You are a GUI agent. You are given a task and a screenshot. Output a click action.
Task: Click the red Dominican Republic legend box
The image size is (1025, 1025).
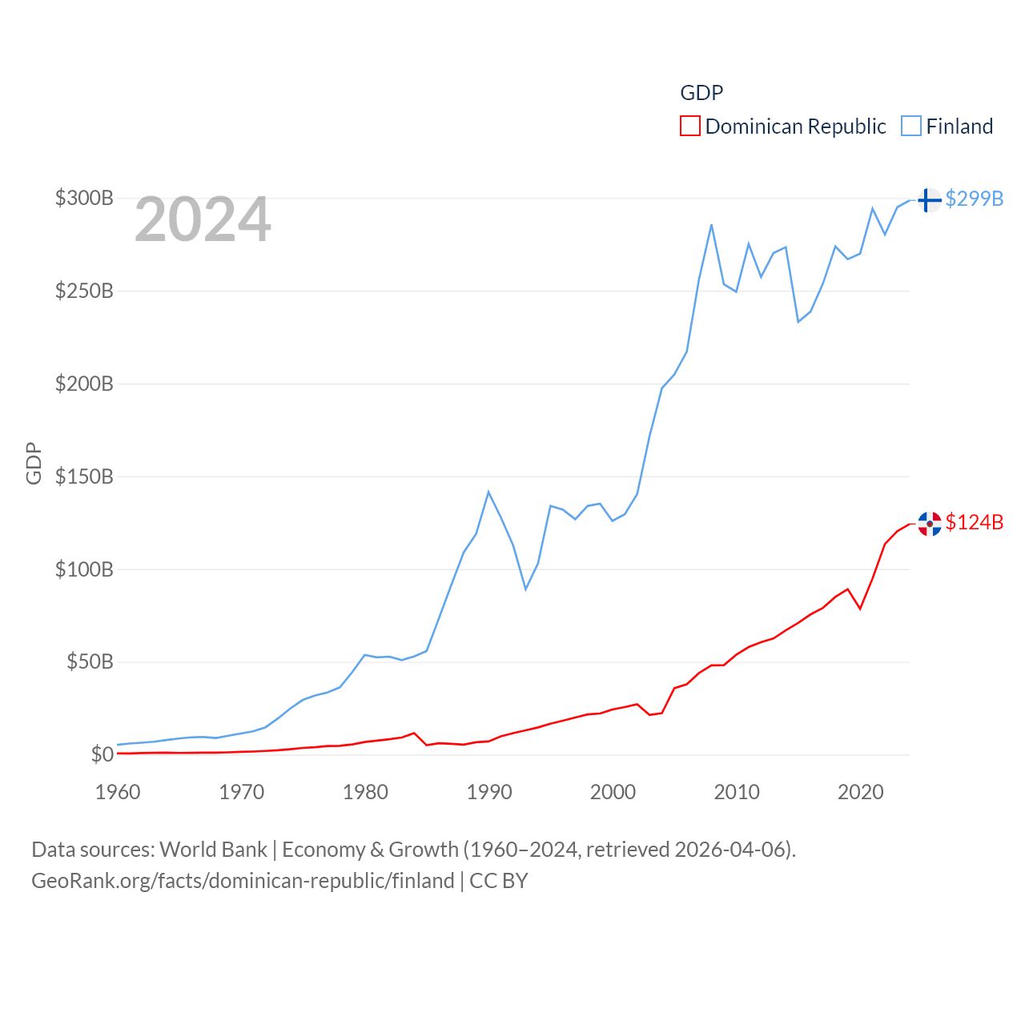coord(690,127)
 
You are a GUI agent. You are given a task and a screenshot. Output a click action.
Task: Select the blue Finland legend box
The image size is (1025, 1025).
coord(911,127)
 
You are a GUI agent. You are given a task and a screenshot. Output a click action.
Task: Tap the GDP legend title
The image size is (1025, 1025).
coord(701,93)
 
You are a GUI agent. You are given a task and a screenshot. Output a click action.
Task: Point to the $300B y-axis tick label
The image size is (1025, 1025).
coord(84,198)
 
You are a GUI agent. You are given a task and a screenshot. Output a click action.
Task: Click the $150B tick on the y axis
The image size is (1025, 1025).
coord(84,476)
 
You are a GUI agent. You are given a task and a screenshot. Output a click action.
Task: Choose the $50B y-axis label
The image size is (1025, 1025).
coord(90,661)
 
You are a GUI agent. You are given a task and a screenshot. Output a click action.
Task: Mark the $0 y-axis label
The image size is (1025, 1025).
coord(102,754)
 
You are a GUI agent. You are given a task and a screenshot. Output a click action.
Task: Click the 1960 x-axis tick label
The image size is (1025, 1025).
coord(118,792)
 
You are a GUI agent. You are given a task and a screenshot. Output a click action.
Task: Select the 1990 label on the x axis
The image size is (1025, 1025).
coord(489,792)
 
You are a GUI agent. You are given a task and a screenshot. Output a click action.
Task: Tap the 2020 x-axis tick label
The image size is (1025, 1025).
coord(861,792)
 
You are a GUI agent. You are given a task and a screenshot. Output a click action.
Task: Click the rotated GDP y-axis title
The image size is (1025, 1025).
coord(34,463)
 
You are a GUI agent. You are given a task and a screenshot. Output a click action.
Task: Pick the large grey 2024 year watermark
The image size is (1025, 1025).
coord(203,219)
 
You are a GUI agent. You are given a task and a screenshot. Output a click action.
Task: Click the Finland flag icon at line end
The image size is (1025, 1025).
coord(929,199)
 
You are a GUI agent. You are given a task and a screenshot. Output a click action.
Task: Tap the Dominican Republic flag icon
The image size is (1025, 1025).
coord(930,524)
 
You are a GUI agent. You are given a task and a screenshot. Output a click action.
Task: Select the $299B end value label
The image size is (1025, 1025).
coord(975,199)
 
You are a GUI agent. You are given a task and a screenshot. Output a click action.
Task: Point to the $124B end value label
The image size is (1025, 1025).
coord(975,522)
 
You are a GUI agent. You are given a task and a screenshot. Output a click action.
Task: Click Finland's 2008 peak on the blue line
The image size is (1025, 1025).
coord(711,225)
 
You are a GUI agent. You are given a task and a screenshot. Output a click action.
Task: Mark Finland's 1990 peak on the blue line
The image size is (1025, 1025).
coord(488,492)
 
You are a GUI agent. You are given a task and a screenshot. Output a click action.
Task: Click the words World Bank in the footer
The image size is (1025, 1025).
coord(214,849)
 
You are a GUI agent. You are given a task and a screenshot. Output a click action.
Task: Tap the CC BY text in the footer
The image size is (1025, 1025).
coord(499,881)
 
